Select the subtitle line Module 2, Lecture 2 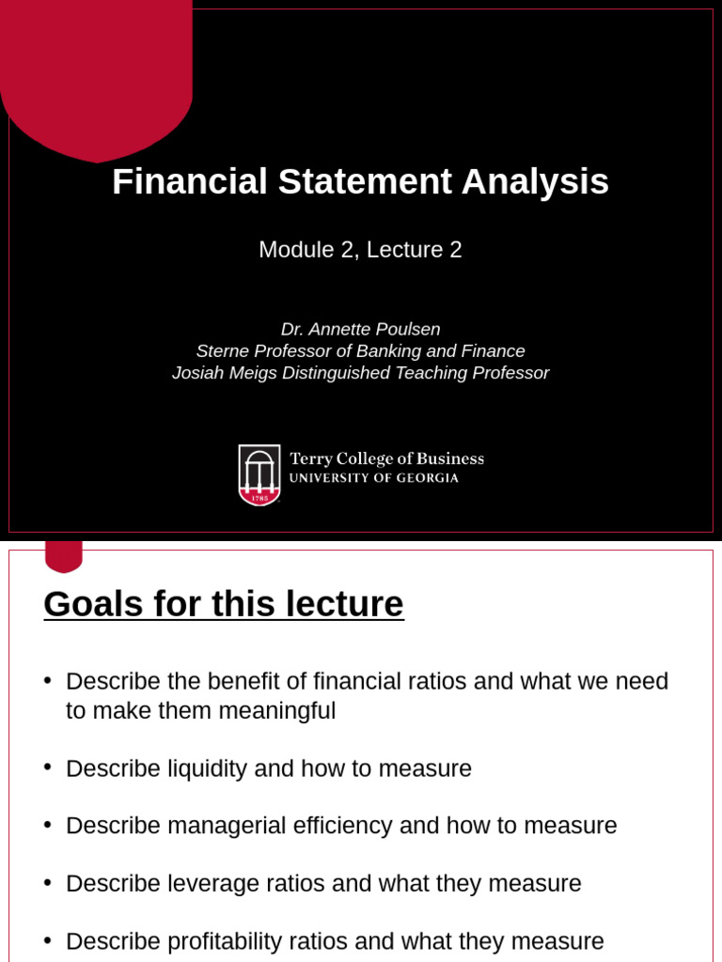(360, 250)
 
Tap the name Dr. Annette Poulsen (360, 329)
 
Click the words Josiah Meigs (217, 373)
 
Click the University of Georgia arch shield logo (259, 474)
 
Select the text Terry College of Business (386, 458)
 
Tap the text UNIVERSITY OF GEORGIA (373, 478)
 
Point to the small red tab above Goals (64, 555)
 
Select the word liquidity (208, 768)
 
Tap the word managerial (227, 826)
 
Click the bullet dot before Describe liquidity (48, 767)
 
